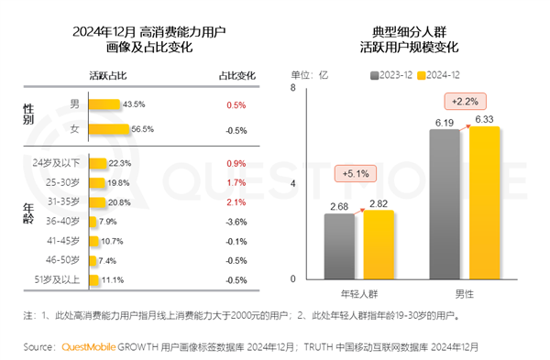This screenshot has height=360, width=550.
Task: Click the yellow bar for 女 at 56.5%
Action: tap(110, 129)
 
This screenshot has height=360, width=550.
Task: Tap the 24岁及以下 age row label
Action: tap(57, 163)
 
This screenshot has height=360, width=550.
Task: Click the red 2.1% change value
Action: tap(236, 202)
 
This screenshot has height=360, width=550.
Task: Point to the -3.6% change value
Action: tap(236, 222)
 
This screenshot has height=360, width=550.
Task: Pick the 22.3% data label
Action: tap(120, 163)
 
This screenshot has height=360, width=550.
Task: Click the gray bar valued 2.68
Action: tap(342, 245)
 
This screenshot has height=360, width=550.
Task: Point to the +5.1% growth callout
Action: tap(352, 172)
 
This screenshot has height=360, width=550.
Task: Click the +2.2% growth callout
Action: tap(462, 101)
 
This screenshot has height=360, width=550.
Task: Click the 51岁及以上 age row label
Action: tap(58, 279)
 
